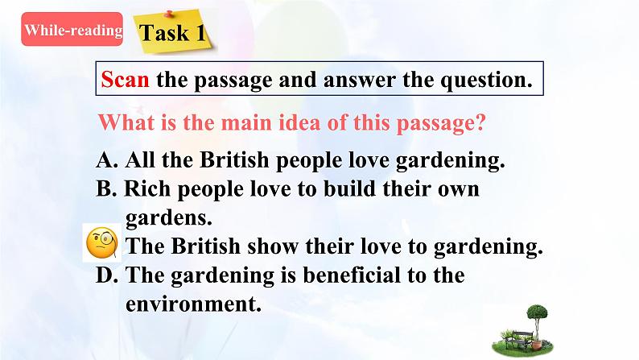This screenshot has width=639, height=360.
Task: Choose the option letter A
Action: (x=105, y=159)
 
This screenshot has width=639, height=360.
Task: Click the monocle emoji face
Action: (x=102, y=243)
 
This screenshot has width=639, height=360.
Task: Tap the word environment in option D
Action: (x=193, y=305)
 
